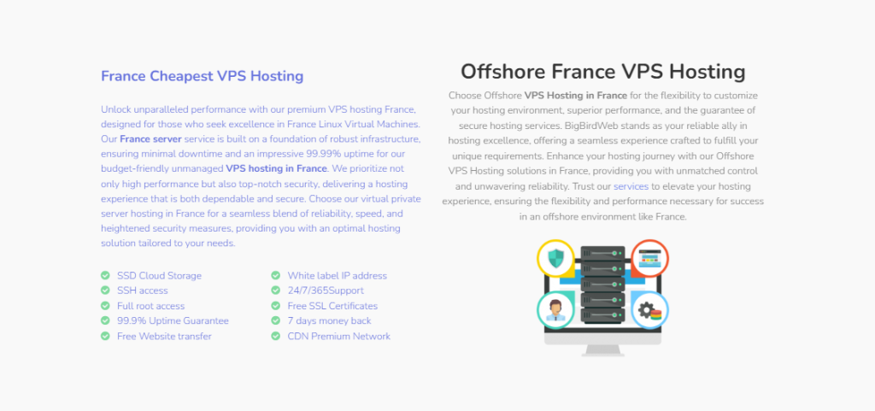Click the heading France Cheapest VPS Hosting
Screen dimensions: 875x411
pos(202,76)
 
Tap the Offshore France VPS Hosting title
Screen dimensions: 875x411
pos(602,72)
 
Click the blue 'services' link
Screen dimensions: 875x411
pos(631,186)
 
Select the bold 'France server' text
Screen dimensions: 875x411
pos(150,138)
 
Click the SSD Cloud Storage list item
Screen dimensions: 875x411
pos(159,275)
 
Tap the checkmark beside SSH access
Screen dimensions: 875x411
pos(105,291)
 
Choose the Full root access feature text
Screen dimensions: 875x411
pos(150,306)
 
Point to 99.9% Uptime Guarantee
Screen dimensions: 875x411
pos(173,320)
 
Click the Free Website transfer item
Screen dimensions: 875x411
pos(164,337)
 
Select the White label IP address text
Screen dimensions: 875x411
pos(337,275)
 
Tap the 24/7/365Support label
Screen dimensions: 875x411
pos(326,291)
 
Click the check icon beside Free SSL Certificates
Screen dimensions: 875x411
pos(275,306)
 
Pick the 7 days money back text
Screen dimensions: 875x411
pos(329,320)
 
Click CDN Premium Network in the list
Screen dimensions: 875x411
pos(338,337)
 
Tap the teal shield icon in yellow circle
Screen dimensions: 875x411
pos(555,258)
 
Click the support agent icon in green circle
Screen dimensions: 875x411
pos(555,310)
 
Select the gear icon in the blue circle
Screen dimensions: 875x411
pos(649,310)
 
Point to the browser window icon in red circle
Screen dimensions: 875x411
pos(649,258)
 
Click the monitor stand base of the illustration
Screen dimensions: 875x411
pos(602,351)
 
